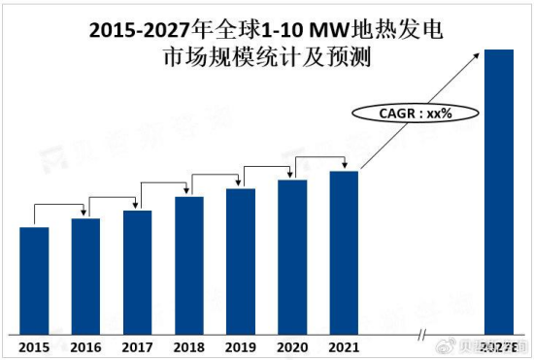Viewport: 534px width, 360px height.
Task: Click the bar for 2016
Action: [85, 276]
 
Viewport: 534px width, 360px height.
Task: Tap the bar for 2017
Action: [137, 272]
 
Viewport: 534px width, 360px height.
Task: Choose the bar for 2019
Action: [241, 261]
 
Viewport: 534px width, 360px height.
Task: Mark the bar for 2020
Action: [292, 256]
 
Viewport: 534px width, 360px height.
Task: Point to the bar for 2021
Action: [344, 252]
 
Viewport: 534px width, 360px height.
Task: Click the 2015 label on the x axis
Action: [34, 346]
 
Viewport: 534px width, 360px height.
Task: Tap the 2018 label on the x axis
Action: [189, 346]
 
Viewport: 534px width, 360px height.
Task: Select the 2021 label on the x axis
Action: [344, 346]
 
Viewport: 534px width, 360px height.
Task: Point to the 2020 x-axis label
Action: [292, 346]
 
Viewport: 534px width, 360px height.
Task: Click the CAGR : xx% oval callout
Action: [402, 115]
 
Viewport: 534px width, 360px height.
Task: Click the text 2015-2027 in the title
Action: [139, 30]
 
